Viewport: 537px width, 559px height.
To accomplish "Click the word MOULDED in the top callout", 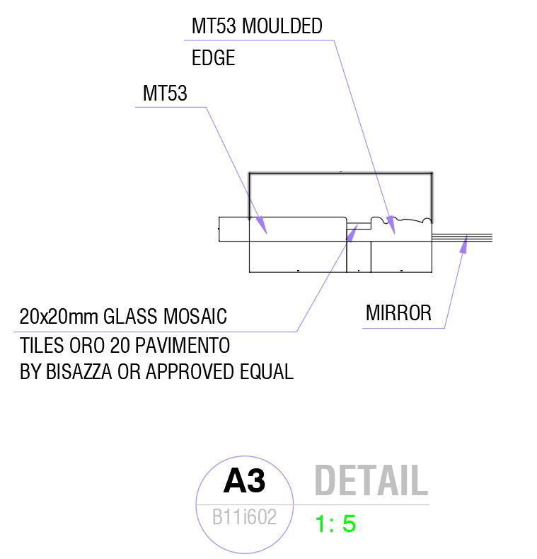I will click(282, 26).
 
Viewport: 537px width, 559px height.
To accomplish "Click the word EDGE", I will click(213, 58).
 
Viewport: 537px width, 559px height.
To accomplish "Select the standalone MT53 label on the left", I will click(165, 94).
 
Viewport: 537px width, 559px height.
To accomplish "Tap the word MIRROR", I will click(398, 313).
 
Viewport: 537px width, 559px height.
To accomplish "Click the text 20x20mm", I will click(59, 316).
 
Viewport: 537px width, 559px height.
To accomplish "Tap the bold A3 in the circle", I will click(244, 481).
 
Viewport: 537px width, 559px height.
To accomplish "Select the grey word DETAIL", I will click(371, 481).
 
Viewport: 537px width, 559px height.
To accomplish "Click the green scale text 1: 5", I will click(335, 524).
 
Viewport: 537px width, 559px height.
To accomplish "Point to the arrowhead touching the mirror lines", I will click(465, 245).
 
